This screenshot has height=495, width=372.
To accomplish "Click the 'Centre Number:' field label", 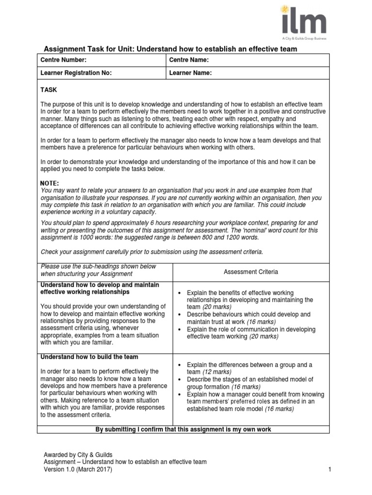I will tap(63, 60).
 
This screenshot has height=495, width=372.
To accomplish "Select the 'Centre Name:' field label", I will tap(189, 60).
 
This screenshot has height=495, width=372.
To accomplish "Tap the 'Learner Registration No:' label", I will tap(76, 73).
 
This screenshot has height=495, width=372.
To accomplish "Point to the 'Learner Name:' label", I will tap(190, 73).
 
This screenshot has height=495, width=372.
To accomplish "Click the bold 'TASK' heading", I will tap(48, 90).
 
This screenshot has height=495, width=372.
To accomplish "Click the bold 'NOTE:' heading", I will tap(50, 183).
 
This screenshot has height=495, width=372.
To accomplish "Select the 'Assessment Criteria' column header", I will tap(251, 272).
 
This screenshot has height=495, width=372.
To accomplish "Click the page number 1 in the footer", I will tap(329, 469).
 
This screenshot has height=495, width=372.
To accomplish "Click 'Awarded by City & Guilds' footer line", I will tap(77, 455).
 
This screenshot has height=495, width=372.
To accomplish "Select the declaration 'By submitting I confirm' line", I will tap(183, 429).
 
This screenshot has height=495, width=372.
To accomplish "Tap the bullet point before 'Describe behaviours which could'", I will tap(180, 314).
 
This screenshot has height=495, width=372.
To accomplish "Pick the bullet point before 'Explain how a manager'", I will tap(180, 394).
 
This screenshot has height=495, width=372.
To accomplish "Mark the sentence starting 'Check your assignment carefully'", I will tap(152, 252).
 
